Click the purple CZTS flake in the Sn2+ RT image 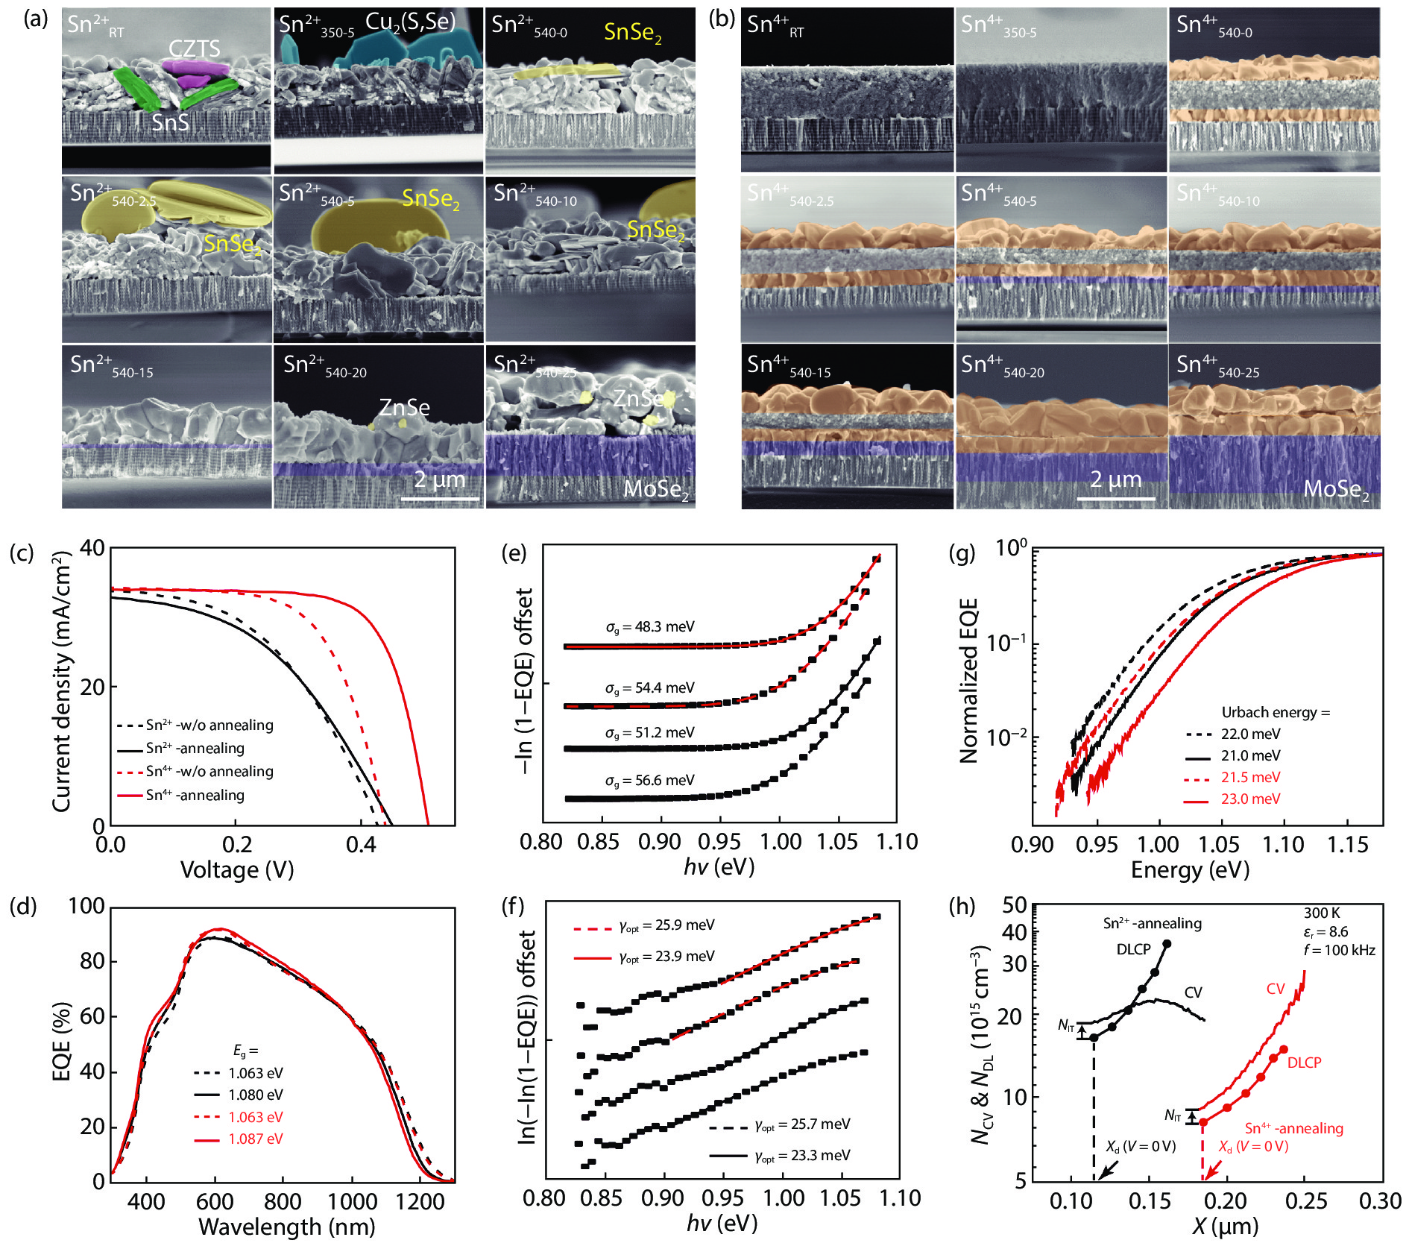pyautogui.click(x=195, y=69)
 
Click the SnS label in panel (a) pyautogui.click(x=170, y=122)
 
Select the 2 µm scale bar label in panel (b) pyautogui.click(x=1115, y=479)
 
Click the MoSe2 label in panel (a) pyautogui.click(x=655, y=489)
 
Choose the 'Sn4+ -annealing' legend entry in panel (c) pyautogui.click(x=195, y=795)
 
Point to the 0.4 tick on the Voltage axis pyautogui.click(x=362, y=845)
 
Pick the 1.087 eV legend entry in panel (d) pyautogui.click(x=255, y=1139)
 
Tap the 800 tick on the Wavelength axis pyautogui.click(x=283, y=1201)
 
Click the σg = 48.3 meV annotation pyautogui.click(x=649, y=627)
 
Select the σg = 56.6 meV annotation pyautogui.click(x=649, y=781)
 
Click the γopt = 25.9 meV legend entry pyautogui.click(x=666, y=925)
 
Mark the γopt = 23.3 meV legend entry pyautogui.click(x=801, y=1156)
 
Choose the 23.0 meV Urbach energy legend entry pyautogui.click(x=1250, y=799)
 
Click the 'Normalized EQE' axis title pyautogui.click(x=968, y=681)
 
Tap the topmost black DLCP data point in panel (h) pyautogui.click(x=1167, y=944)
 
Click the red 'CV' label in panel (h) pyautogui.click(x=1276, y=989)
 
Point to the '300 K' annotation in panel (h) pyautogui.click(x=1322, y=913)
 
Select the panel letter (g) pyautogui.click(x=962, y=553)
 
